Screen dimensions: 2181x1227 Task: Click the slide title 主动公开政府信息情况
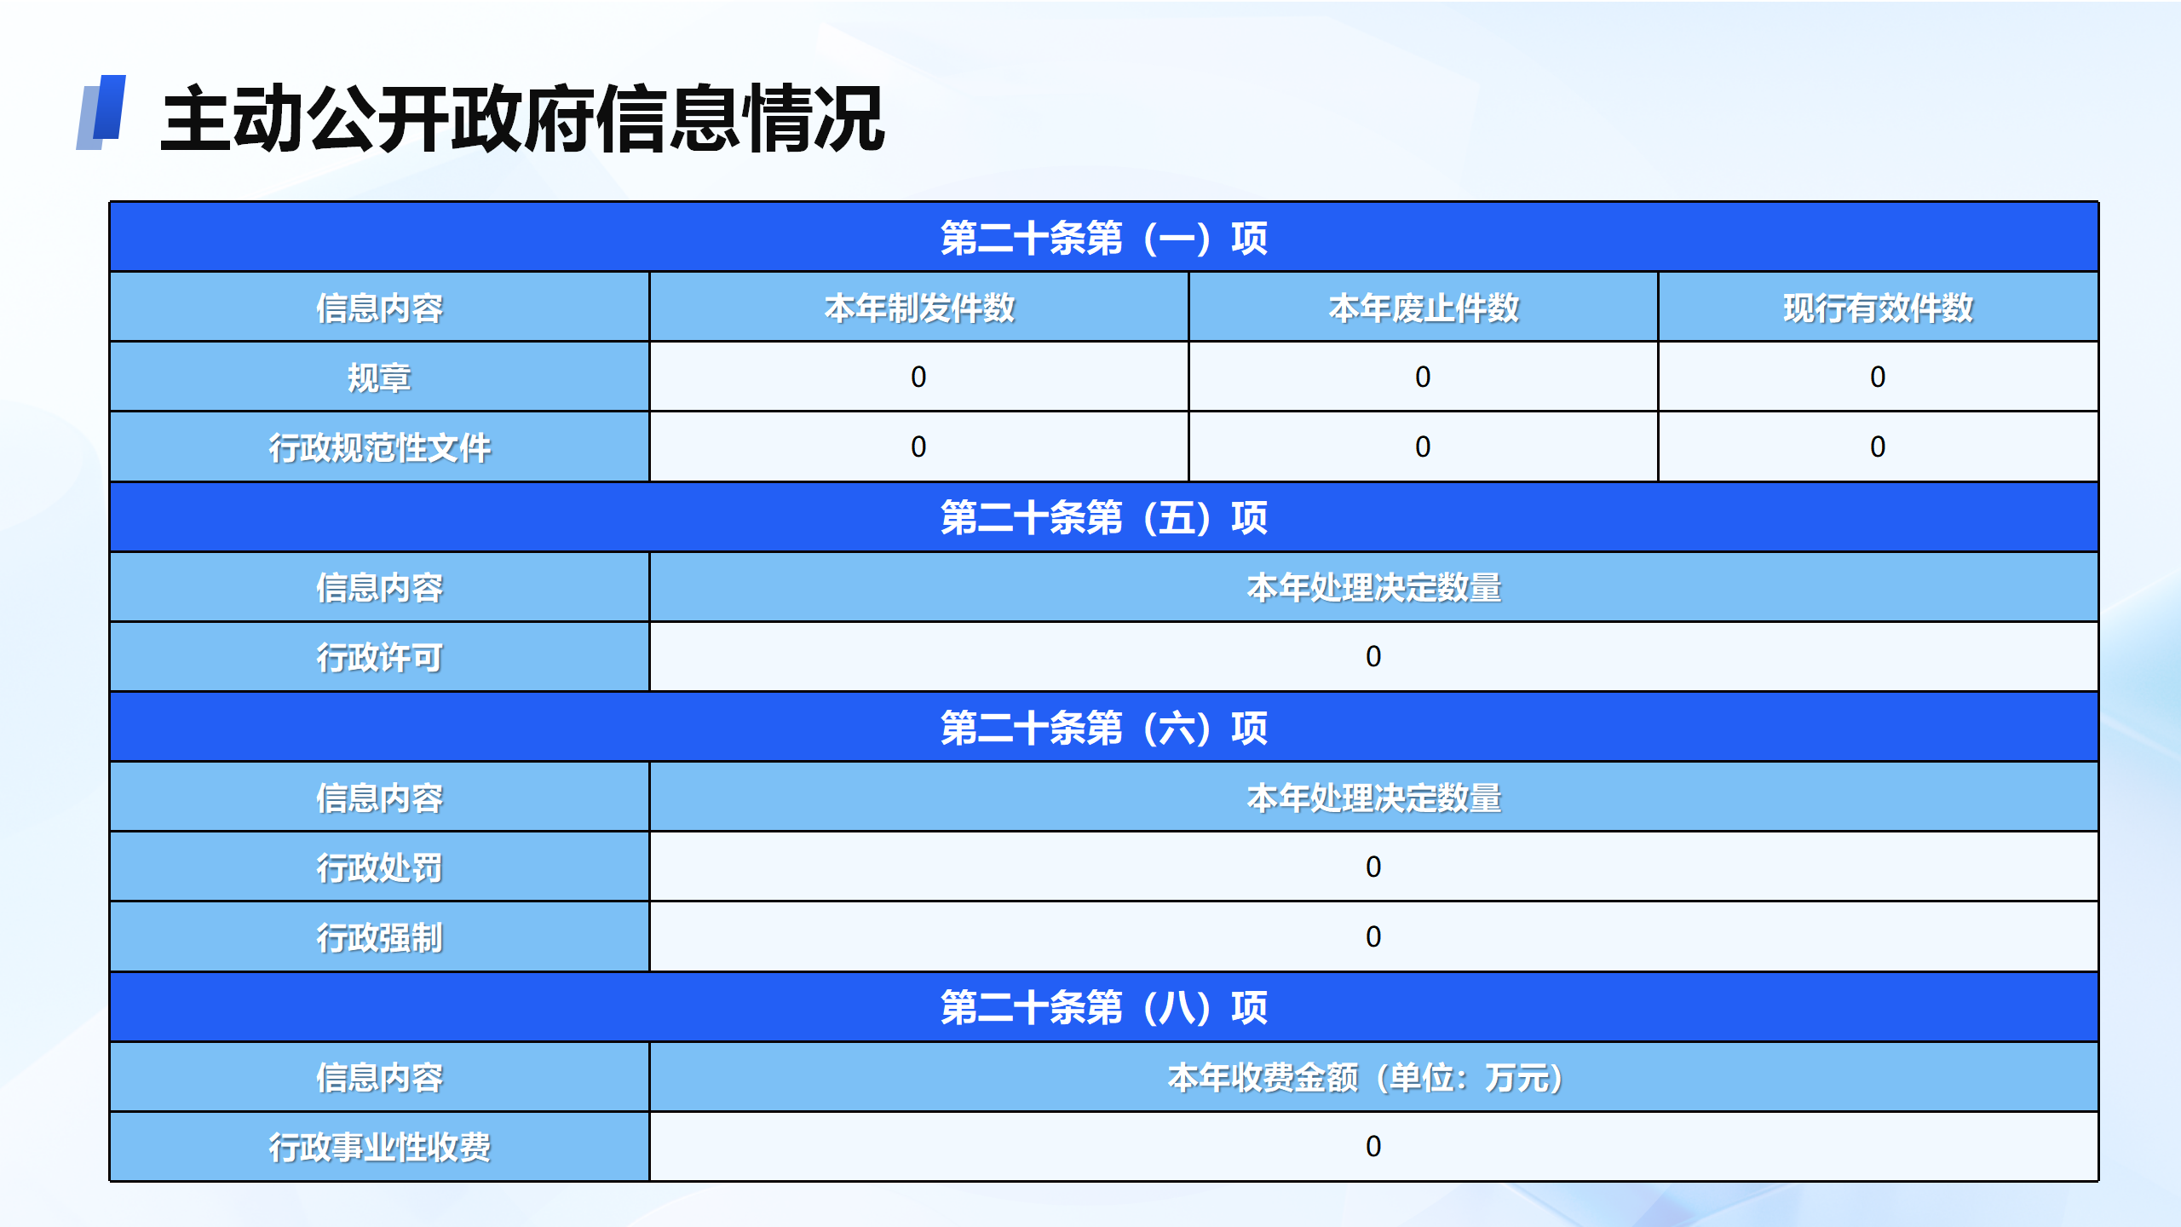coord(522,118)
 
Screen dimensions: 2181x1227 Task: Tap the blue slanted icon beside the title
coord(101,112)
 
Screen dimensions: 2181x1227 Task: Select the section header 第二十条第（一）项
coord(1103,238)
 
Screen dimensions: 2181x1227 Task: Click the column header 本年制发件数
coord(919,308)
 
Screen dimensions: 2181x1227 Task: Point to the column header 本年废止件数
coord(1424,308)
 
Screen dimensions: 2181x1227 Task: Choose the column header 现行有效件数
coord(1878,308)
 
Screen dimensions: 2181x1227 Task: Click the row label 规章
coord(379,377)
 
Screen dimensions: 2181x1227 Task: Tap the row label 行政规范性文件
coord(379,447)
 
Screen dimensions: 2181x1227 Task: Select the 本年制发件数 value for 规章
coord(918,377)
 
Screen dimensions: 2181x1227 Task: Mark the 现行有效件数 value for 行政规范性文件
coord(1878,446)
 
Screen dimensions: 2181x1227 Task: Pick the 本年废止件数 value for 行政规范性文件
coord(1423,446)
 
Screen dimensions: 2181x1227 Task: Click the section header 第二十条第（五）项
coord(1103,517)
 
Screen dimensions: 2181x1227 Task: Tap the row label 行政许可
coord(379,657)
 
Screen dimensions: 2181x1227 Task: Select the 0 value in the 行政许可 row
coord(1373,656)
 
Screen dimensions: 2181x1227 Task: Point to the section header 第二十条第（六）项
coord(1103,728)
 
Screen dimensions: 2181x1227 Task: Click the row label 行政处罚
coord(379,867)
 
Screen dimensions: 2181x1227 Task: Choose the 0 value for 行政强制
coord(1373,936)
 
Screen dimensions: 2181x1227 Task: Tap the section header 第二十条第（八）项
coord(1103,1007)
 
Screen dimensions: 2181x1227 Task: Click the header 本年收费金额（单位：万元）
coord(1367,1078)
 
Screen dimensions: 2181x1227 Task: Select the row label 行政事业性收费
coord(379,1147)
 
